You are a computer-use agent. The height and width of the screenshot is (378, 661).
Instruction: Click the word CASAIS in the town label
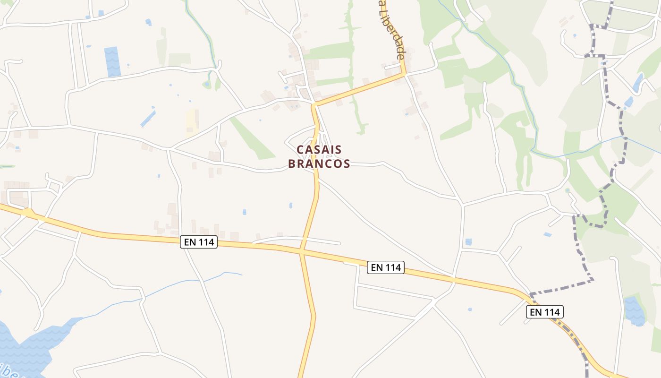tap(319, 149)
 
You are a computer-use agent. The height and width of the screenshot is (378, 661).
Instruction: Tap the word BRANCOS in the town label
tap(319, 164)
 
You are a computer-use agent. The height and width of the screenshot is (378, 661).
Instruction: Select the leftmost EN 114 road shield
tap(198, 242)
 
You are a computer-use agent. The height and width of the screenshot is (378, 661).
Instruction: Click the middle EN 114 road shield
tap(386, 267)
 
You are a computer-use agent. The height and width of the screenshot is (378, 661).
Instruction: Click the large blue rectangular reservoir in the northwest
tap(112, 61)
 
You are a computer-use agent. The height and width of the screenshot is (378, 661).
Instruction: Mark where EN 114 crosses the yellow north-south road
tap(302, 251)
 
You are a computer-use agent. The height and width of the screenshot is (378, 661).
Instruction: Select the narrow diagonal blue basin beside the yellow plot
tap(148, 119)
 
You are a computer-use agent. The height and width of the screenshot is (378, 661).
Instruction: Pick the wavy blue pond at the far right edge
tap(635, 311)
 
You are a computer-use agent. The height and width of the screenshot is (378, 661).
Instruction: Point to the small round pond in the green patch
tap(207, 85)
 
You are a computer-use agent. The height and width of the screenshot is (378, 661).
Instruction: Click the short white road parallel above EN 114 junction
tap(297, 240)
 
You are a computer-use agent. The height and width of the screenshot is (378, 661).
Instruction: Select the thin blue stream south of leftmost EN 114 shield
tap(189, 282)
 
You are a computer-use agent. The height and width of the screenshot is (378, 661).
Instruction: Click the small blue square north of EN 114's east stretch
tap(468, 242)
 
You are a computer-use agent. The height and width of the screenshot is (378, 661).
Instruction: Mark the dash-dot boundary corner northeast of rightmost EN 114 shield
tap(592, 280)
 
